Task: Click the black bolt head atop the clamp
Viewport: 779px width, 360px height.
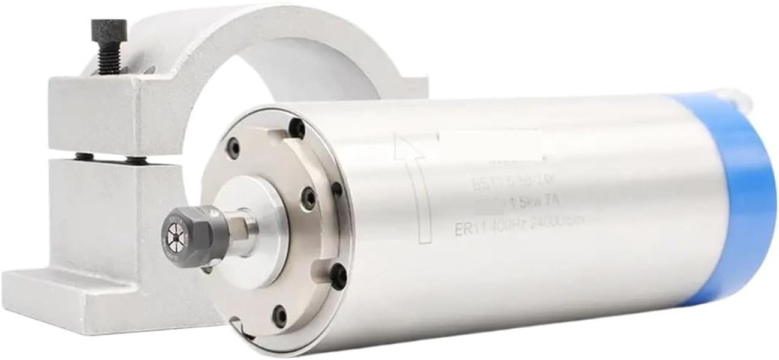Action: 109,28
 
